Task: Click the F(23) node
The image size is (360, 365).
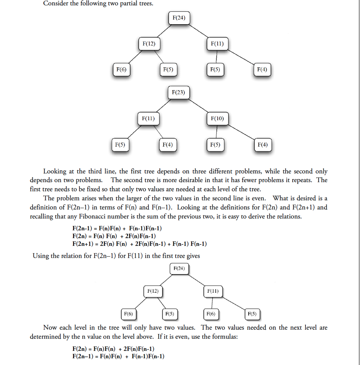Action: pos(178,93)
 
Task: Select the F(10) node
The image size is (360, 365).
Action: pos(217,118)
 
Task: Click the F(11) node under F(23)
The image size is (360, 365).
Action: pos(148,118)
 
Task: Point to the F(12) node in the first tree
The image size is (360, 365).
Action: pos(149,44)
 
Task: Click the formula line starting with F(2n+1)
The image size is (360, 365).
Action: pos(139,244)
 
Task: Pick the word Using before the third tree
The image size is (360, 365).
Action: pos(41,256)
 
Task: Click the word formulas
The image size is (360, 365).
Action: pos(225,336)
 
